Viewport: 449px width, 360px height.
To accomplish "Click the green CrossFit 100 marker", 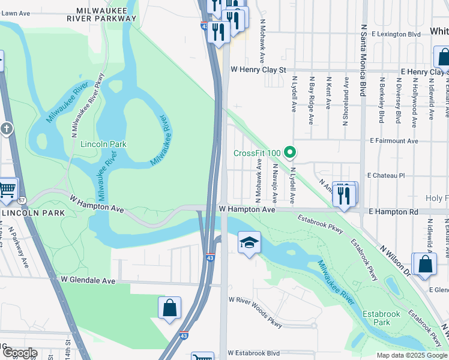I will [x=291, y=153].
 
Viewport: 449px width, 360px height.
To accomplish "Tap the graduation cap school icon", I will [x=249, y=243].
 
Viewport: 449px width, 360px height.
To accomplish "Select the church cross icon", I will [x=6, y=129].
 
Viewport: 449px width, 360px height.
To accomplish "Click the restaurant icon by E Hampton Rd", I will [x=344, y=194].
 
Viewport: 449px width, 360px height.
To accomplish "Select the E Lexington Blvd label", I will [x=396, y=34].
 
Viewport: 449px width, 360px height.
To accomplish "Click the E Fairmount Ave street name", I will [x=394, y=140].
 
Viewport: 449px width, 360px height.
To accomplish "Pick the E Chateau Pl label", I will [x=388, y=176].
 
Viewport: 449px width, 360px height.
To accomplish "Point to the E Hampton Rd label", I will [x=393, y=212].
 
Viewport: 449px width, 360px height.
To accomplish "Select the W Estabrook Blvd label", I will [x=254, y=353].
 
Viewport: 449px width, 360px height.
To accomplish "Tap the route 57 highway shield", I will [x=22, y=199].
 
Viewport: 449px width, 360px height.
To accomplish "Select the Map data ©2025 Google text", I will [x=412, y=355].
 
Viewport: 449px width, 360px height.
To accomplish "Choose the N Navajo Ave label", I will [x=275, y=183].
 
